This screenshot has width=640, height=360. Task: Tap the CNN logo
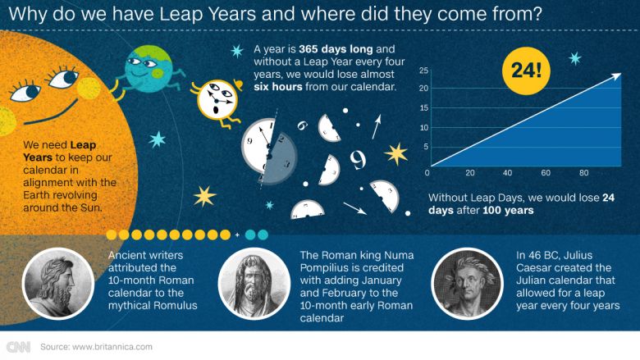click(x=18, y=346)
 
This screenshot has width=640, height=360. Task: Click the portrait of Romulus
click(x=57, y=283)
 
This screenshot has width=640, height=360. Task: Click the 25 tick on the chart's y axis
click(x=423, y=71)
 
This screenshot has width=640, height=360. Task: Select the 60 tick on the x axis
click(x=546, y=174)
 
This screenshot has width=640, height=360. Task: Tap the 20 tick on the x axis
click(x=470, y=174)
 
